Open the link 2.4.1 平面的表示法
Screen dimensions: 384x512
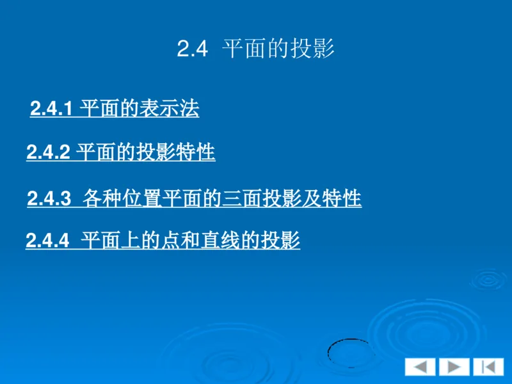(115, 109)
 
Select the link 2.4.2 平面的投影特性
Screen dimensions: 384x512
(121, 153)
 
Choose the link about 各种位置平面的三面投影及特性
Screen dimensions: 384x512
(195, 199)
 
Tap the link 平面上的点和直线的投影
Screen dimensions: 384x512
(163, 241)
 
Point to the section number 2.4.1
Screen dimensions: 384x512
(53, 109)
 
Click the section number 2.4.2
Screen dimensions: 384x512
(49, 153)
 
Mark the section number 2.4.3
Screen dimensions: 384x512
(49, 199)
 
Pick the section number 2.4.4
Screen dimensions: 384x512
(47, 241)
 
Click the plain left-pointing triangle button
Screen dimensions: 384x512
(420, 367)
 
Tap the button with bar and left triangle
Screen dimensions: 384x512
(488, 367)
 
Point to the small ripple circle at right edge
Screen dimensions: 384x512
(490, 279)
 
